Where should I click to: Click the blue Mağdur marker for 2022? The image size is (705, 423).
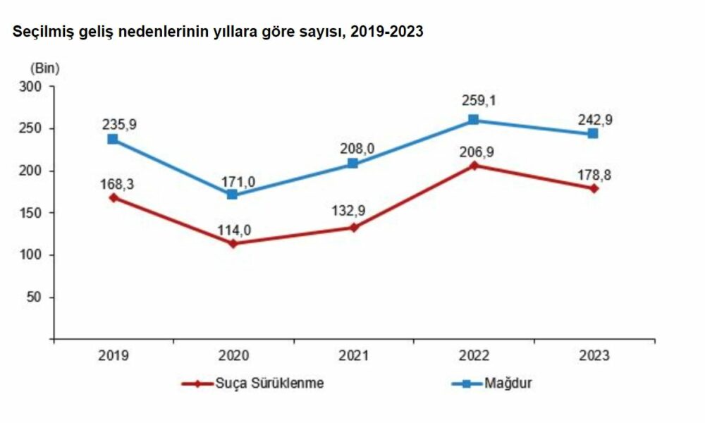473,120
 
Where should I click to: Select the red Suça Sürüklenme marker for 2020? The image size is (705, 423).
233,243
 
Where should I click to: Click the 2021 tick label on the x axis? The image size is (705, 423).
353,356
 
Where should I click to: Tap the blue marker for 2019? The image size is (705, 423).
113,140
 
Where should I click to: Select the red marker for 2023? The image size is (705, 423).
594,188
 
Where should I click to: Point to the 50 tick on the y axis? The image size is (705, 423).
37,297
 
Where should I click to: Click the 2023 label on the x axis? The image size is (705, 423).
594,356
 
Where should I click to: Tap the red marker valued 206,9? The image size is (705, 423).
473,165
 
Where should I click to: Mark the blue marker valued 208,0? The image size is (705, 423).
353,164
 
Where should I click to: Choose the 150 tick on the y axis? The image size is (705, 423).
34,213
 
